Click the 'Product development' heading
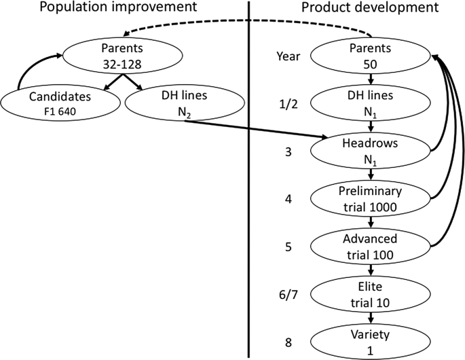coord(369,9)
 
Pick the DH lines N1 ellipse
coord(371,104)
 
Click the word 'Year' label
coord(289,58)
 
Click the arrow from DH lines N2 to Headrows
coord(258,130)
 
